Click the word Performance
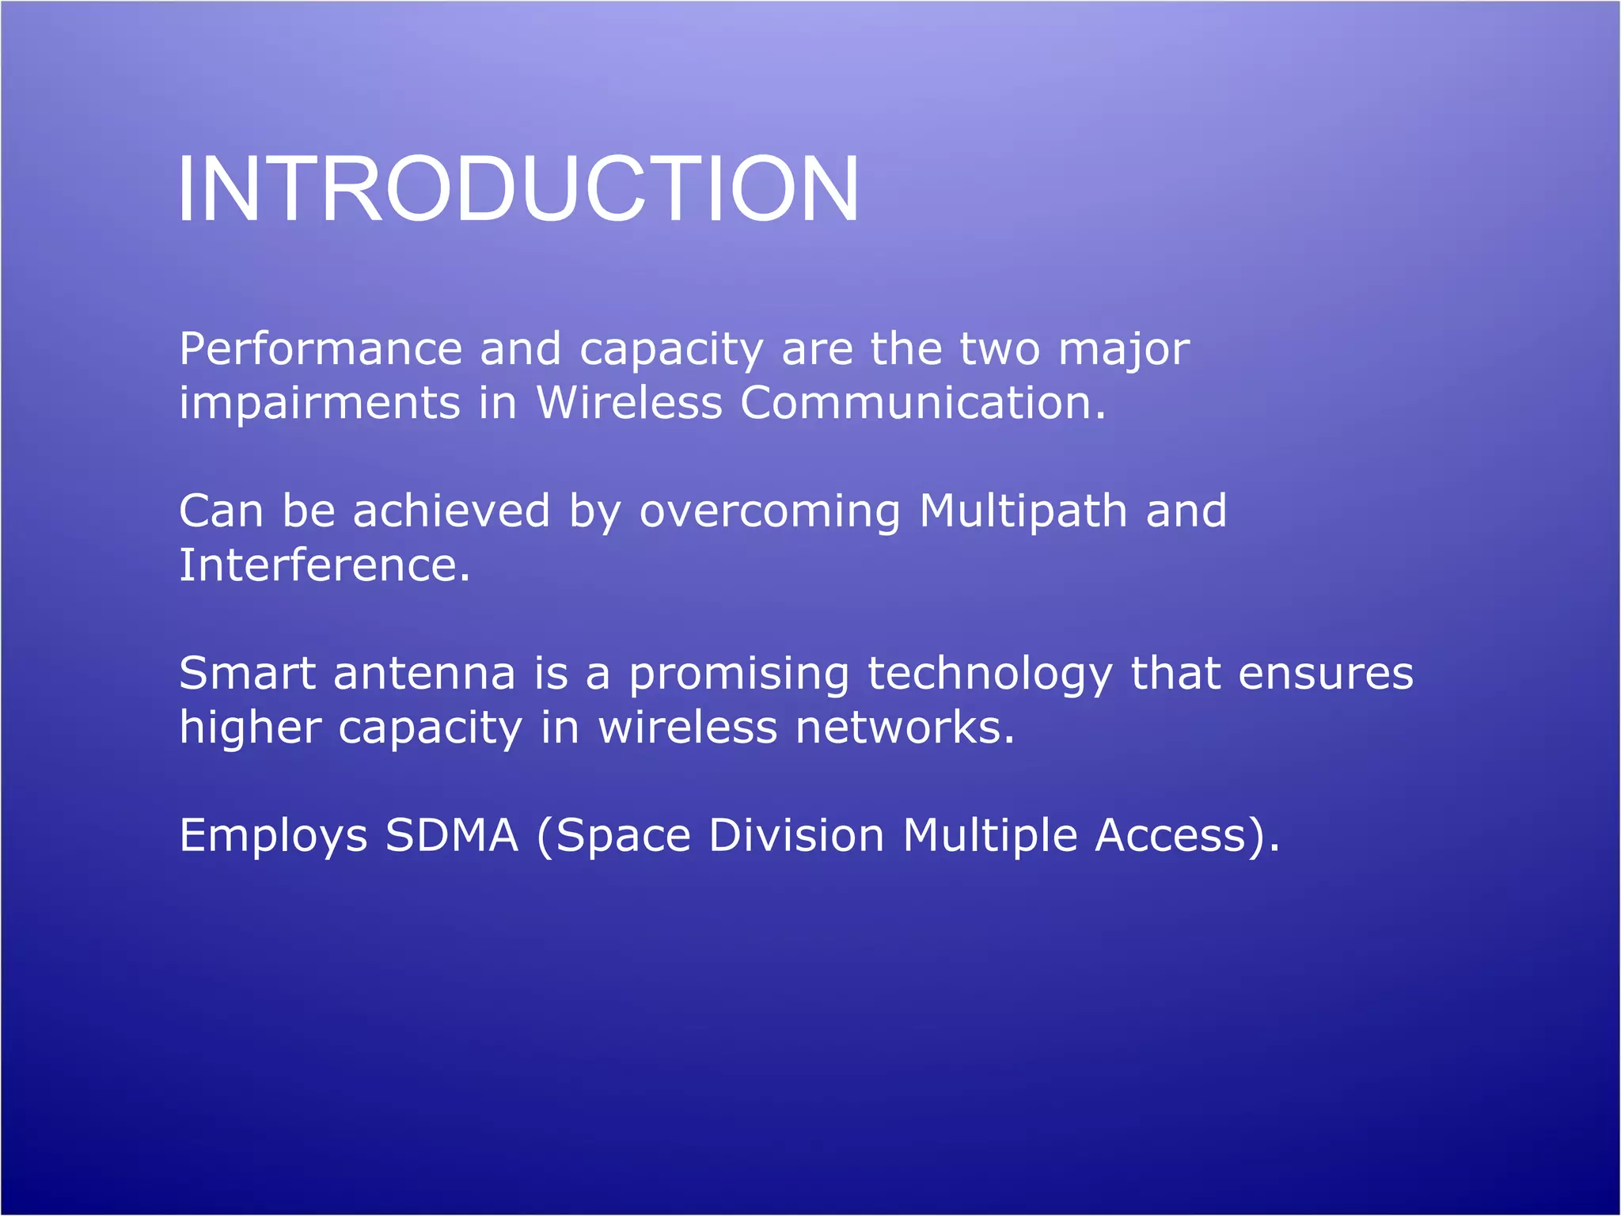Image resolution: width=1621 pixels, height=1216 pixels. click(321, 349)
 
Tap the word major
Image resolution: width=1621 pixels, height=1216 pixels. click(1123, 349)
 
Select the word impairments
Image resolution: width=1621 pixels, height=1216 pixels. click(319, 403)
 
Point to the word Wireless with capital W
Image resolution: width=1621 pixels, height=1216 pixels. click(629, 403)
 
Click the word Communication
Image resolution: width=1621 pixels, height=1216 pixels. click(922, 403)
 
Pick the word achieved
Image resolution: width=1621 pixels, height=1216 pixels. click(451, 511)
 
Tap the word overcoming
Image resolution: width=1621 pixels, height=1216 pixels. click(769, 512)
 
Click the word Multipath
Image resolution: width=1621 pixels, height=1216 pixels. click(1023, 511)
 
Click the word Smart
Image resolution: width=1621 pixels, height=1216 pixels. click(248, 674)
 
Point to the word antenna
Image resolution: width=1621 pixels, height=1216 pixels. click(424, 674)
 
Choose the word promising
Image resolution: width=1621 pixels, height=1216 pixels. click(738, 675)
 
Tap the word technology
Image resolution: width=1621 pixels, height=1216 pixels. click(989, 675)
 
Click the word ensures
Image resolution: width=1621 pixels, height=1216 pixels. click(1325, 674)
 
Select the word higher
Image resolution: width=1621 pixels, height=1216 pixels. click(249, 728)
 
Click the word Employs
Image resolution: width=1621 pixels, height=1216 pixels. click(273, 836)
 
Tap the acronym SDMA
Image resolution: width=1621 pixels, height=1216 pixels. click(451, 835)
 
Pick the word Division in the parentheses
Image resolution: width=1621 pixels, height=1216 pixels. click(795, 835)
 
